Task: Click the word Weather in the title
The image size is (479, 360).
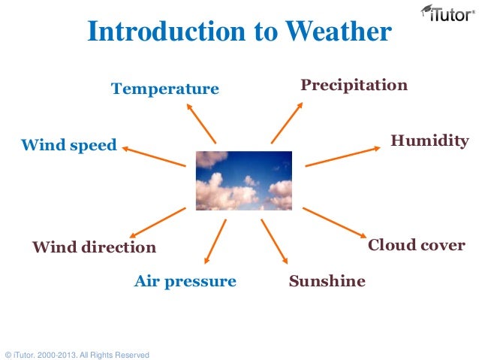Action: point(333,32)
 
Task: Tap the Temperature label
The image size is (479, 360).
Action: point(165,89)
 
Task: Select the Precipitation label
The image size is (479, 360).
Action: point(354,85)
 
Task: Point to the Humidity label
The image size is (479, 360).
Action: point(429,141)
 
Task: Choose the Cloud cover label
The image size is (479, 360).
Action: point(416,246)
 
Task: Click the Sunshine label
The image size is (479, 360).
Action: point(327,282)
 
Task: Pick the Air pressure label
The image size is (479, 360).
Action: point(185,282)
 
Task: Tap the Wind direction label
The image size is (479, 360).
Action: point(94,247)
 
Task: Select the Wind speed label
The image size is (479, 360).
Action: point(68,144)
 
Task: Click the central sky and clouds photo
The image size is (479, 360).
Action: point(243,180)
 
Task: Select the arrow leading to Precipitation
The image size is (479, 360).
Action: point(286,123)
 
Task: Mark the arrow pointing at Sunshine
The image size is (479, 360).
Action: point(274,241)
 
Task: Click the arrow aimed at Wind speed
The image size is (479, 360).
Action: point(154,156)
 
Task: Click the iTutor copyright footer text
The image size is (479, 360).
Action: point(77,354)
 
